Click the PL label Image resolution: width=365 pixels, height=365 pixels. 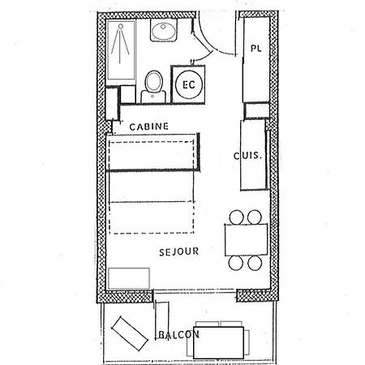point(256,49)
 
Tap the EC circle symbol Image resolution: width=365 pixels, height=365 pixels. point(188,84)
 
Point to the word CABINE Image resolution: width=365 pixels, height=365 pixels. point(149,126)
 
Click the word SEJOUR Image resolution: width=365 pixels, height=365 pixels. point(180,251)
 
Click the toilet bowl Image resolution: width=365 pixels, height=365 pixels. point(153,82)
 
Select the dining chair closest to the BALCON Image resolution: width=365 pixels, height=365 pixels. point(254,264)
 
